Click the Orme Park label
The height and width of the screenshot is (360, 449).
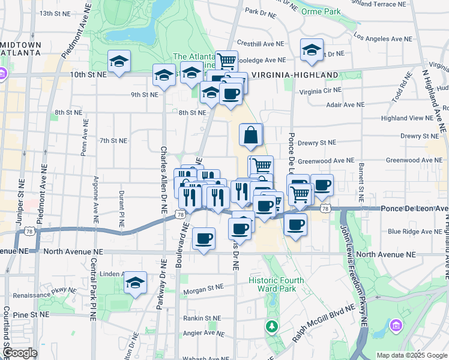point(321,11)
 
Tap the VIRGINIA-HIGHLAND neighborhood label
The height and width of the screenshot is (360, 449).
point(295,75)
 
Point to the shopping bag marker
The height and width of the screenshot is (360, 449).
point(250,136)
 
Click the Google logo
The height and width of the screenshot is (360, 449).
point(19,353)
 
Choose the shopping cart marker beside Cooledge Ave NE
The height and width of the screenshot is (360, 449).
point(226,61)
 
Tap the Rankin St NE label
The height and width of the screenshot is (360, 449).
point(203,319)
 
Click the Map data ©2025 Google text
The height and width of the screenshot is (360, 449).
point(411,355)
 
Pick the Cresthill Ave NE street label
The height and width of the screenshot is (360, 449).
point(261,43)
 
